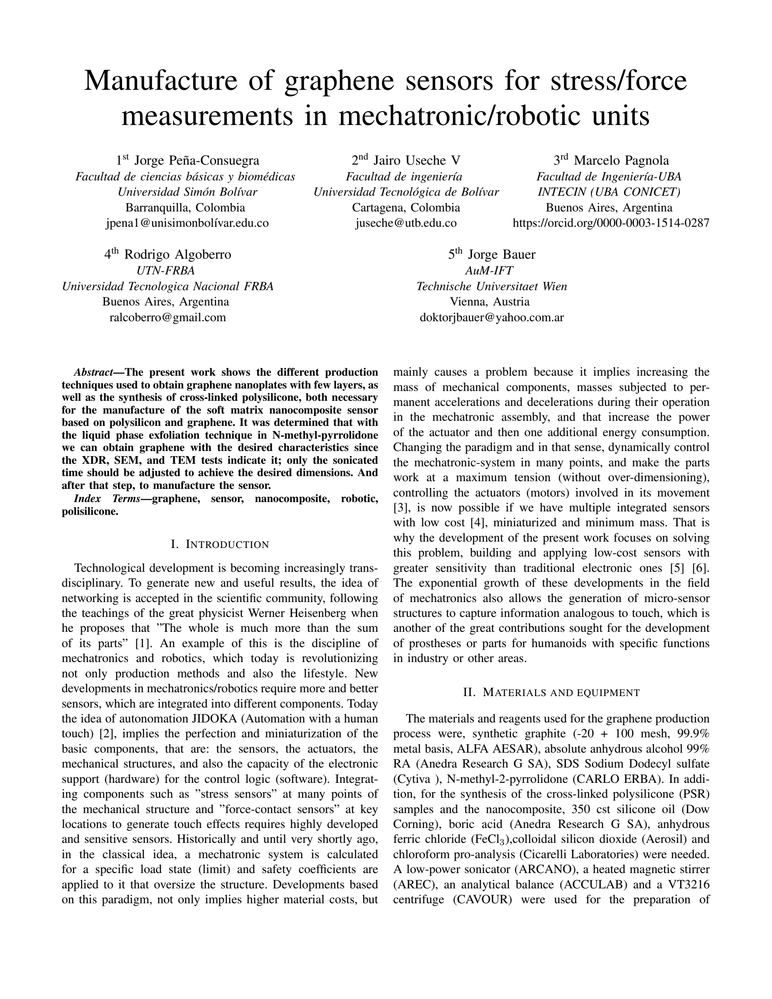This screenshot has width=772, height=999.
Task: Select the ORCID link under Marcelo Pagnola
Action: [x=611, y=223]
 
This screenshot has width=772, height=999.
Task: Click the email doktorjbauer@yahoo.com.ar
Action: [x=492, y=317]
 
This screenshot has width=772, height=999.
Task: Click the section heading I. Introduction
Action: [x=220, y=544]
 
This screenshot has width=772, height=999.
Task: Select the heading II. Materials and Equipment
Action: [x=551, y=693]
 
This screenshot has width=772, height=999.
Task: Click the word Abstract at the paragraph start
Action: [x=93, y=372]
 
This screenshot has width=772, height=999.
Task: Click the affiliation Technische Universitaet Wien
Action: [x=492, y=286]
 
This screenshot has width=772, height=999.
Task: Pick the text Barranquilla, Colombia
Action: [x=185, y=208]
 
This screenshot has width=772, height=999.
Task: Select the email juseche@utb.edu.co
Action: [x=406, y=223]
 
